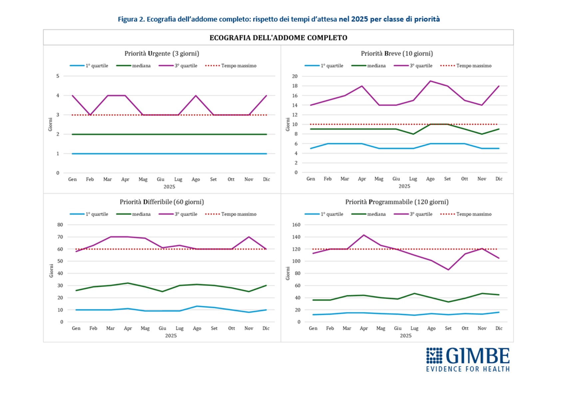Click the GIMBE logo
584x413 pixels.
click(467, 359)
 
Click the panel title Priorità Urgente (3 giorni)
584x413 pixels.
click(162, 53)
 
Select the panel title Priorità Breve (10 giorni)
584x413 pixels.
click(397, 53)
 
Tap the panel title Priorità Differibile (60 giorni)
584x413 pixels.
click(162, 202)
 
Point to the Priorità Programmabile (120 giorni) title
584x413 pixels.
click(397, 202)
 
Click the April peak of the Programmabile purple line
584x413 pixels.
click(364, 235)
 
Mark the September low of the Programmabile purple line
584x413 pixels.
click(448, 270)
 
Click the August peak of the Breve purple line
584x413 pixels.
click(430, 81)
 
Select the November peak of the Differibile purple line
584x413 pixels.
click(249, 237)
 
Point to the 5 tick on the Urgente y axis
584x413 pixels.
click(58, 76)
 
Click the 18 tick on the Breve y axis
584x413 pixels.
click(295, 86)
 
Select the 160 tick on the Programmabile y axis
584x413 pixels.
click(296, 225)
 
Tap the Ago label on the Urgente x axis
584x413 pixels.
click(196, 179)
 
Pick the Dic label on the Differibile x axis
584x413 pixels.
click(266, 328)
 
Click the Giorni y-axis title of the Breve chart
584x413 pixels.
click(288, 124)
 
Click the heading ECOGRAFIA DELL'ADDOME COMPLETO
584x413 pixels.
click(278, 38)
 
